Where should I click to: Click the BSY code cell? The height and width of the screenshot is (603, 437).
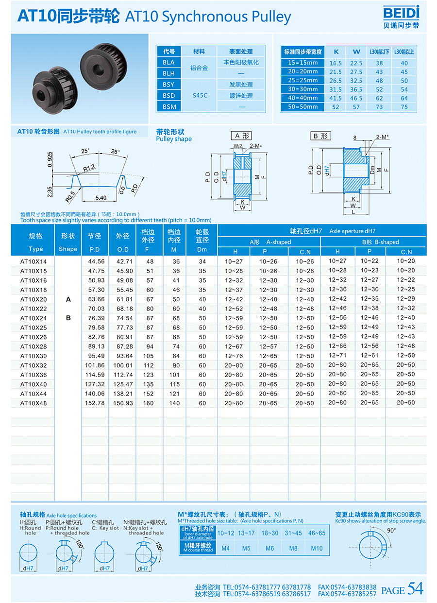point(168,85)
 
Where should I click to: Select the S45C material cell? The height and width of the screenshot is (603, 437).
point(200,95)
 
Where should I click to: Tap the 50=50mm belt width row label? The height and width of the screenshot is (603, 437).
point(302,107)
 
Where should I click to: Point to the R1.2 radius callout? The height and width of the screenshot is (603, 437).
point(88,168)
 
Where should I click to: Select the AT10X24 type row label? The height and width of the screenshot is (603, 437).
point(34,318)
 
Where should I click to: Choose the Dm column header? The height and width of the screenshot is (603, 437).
point(202,249)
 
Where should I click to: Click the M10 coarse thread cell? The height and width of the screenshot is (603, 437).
point(317,549)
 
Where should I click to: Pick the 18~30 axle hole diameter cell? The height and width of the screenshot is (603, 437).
point(269,533)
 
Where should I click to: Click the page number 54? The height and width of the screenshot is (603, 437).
point(415,588)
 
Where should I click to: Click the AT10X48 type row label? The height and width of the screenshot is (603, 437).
point(34,403)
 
